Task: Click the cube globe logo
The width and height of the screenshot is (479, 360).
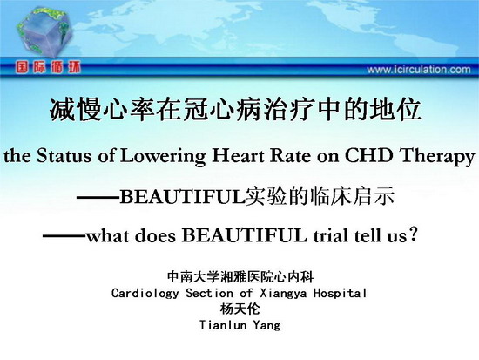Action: coord(45,31)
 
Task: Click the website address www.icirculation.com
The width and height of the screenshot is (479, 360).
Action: coord(419,70)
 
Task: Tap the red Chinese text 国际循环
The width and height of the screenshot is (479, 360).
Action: coord(48,67)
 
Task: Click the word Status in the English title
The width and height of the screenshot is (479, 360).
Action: coord(64,155)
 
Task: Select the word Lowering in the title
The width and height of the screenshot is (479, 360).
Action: coord(163,157)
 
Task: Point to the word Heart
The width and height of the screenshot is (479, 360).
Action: coord(238,155)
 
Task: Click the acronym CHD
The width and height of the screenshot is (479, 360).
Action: coord(369,155)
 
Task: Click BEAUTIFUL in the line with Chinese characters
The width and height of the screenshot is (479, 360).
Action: coord(183,196)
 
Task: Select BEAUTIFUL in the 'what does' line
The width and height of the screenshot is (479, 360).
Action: coord(245,235)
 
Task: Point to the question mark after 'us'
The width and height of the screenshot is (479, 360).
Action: coord(413,234)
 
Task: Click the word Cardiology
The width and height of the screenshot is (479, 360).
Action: coord(145,294)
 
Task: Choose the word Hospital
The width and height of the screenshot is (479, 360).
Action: coord(340,294)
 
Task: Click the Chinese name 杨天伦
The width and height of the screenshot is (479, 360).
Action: coord(239,309)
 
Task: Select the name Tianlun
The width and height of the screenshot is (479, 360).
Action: coord(223,325)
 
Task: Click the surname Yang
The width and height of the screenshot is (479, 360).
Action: coord(266,325)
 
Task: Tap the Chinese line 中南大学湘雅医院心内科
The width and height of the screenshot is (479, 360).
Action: coord(240,277)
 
